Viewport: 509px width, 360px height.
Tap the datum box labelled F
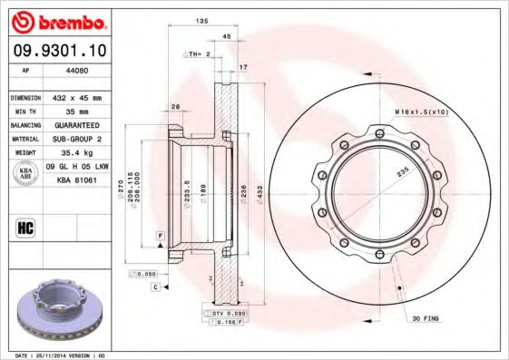tap(160, 235)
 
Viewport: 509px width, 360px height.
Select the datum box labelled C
tap(155, 287)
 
